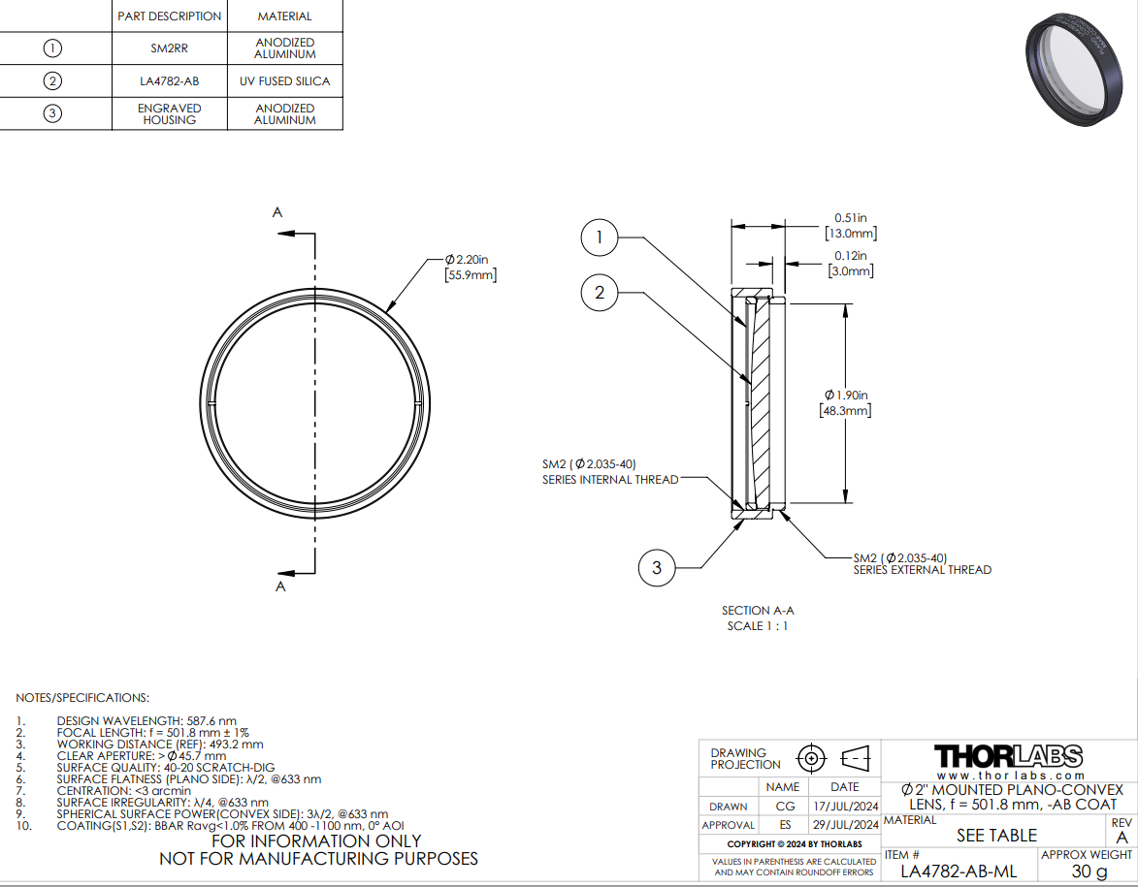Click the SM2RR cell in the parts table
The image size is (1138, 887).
[x=169, y=48]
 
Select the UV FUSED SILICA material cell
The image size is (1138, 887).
[x=285, y=81]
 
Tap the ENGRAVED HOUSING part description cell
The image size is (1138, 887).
[x=169, y=113]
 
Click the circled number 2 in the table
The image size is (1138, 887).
[x=52, y=80]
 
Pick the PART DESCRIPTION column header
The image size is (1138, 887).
[x=169, y=16]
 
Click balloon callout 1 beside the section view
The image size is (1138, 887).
[x=600, y=238]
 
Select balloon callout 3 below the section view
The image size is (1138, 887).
[x=657, y=567]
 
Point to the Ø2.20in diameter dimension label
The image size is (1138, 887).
[x=471, y=267]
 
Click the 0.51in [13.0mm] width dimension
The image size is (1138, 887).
[x=851, y=226]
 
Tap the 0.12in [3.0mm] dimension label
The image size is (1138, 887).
[x=851, y=264]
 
